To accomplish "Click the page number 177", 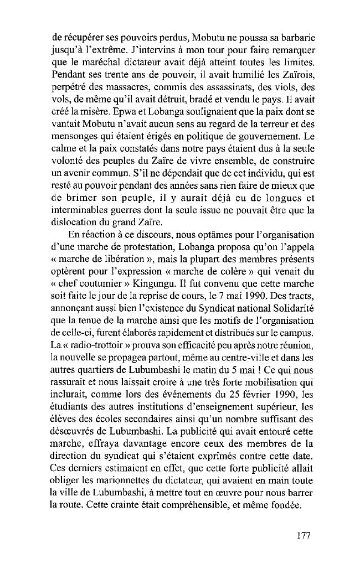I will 301,535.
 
